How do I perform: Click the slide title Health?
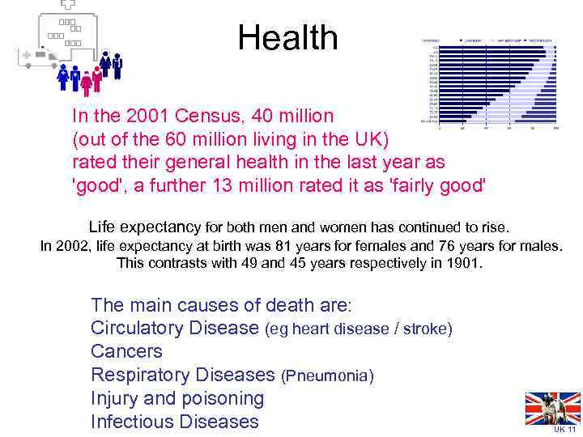coord(287,38)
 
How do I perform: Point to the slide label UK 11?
coord(564,430)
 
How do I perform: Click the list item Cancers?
coord(126,352)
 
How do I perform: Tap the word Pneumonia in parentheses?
coord(327,376)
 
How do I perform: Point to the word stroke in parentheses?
coord(424,329)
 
